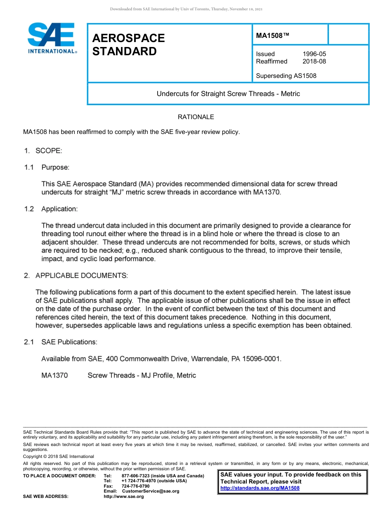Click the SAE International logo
52,38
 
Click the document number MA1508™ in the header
272,35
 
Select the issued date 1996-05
314,54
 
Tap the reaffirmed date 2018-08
314,61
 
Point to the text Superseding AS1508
286,76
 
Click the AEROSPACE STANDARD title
128,45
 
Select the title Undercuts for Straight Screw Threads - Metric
228,94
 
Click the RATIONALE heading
196,117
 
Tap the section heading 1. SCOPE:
43,151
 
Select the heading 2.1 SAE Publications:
61,342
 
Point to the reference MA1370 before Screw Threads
54,376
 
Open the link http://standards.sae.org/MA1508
260,488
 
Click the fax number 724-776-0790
135,486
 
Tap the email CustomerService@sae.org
151,491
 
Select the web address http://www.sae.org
124,496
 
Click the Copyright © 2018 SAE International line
59,456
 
